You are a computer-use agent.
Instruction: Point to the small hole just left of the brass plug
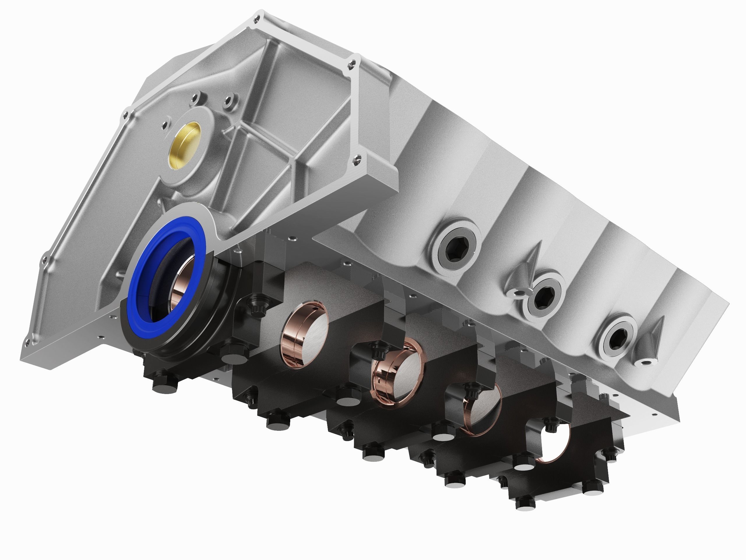165,125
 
